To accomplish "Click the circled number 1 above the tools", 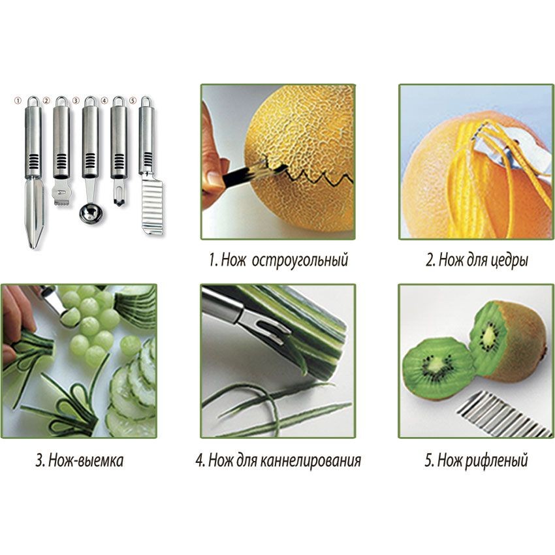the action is [x=18, y=101].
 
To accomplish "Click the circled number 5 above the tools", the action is [x=133, y=101].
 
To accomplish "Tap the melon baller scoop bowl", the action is [x=91, y=213].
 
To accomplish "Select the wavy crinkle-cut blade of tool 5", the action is [x=153, y=206].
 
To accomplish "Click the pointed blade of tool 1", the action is [x=35, y=212].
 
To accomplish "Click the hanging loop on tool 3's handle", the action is [x=90, y=101].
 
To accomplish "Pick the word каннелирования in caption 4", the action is [x=310, y=460].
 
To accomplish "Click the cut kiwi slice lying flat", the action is [x=439, y=368].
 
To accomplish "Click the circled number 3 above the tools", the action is [x=76, y=101].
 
